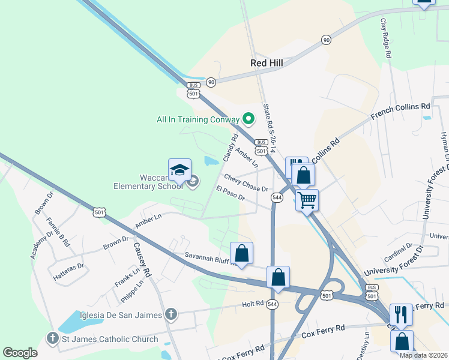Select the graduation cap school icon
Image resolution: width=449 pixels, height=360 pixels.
pyautogui.click(x=180, y=170)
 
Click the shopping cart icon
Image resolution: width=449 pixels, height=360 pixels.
pyautogui.click(x=307, y=199)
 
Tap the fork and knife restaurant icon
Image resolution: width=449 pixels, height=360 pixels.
pyautogui.click(x=401, y=314)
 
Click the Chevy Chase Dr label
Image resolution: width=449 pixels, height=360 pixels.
pyautogui.click(x=246, y=182)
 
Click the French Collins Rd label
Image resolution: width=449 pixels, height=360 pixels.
pyautogui.click(x=400, y=112)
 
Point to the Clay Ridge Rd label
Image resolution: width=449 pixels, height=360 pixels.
pyautogui.click(x=385, y=37)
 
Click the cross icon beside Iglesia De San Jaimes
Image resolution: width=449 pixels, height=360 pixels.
pyautogui.click(x=171, y=313)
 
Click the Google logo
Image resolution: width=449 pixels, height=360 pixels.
pyautogui.click(x=20, y=353)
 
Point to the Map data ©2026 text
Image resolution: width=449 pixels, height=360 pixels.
pyautogui.click(x=423, y=355)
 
